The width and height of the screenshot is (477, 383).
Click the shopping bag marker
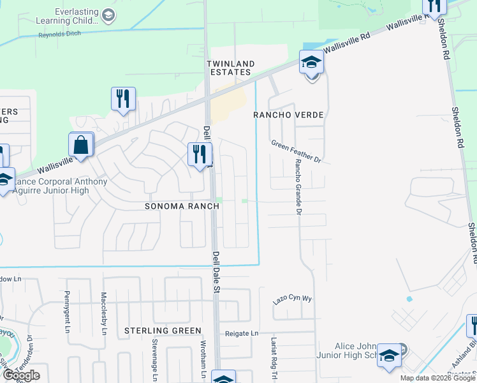[82, 145]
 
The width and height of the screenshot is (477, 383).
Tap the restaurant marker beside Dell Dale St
[200, 154]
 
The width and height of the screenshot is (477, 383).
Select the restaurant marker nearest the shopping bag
[123, 99]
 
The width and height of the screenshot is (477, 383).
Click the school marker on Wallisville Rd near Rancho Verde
[311, 63]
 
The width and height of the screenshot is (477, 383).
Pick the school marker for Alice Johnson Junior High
[389, 356]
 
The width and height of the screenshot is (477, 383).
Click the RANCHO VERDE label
[289, 115]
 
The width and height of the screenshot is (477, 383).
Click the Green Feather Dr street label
[295, 151]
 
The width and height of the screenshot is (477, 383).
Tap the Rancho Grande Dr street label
[297, 186]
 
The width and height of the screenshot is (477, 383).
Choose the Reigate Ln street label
[242, 333]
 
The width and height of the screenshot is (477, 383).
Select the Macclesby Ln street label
[104, 313]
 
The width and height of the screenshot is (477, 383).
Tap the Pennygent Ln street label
[67, 313]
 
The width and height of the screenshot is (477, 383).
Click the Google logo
[21, 375]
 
